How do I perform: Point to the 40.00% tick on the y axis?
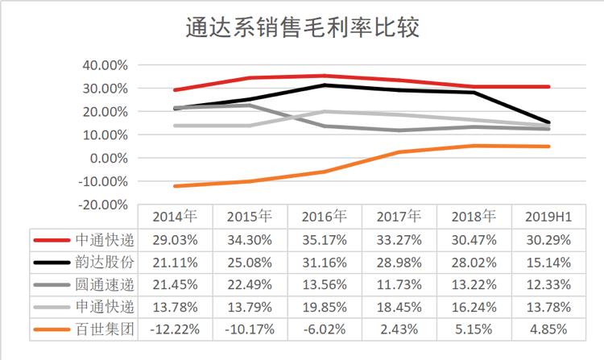pyautogui.click(x=107, y=65)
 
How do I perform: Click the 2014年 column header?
pyautogui.click(x=173, y=216)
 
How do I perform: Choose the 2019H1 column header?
pyautogui.click(x=548, y=216)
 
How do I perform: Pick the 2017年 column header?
pyautogui.click(x=399, y=216)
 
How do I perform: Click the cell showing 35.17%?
pyautogui.click(x=324, y=239)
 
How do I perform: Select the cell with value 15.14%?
pyautogui.click(x=548, y=262)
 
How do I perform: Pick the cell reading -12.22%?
pyautogui.click(x=173, y=329)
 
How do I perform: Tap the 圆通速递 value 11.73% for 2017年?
pyautogui.click(x=399, y=284)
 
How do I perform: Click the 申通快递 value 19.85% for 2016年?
pyautogui.click(x=324, y=307)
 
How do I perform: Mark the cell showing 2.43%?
pyautogui.click(x=399, y=329)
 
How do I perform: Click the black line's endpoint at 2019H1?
pyautogui.click(x=548, y=122)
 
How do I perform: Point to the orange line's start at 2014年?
pyautogui.click(x=175, y=186)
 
